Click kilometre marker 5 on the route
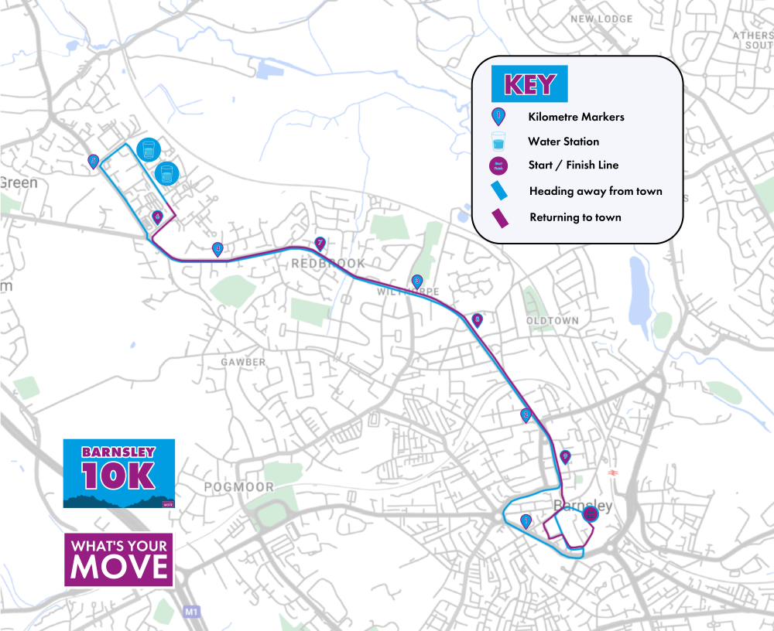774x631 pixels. point(94,161)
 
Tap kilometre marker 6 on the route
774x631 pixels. point(157,217)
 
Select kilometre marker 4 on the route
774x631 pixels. point(217,249)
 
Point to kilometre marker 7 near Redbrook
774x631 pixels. point(319,243)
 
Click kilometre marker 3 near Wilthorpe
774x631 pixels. point(417,281)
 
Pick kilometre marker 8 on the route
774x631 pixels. point(477,319)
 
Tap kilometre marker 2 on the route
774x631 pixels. point(526,415)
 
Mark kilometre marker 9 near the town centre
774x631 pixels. point(565,457)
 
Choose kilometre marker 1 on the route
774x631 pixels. point(527,520)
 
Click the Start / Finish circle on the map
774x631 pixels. point(591,514)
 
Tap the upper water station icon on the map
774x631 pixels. point(148,150)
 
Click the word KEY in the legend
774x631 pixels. point(530,84)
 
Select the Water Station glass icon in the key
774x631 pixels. point(499,142)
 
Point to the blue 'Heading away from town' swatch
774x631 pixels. point(500,190)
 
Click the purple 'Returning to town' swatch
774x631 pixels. point(500,218)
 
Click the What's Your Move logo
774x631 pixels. point(118,559)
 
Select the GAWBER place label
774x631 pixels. point(242,362)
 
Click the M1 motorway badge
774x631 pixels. point(192,612)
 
